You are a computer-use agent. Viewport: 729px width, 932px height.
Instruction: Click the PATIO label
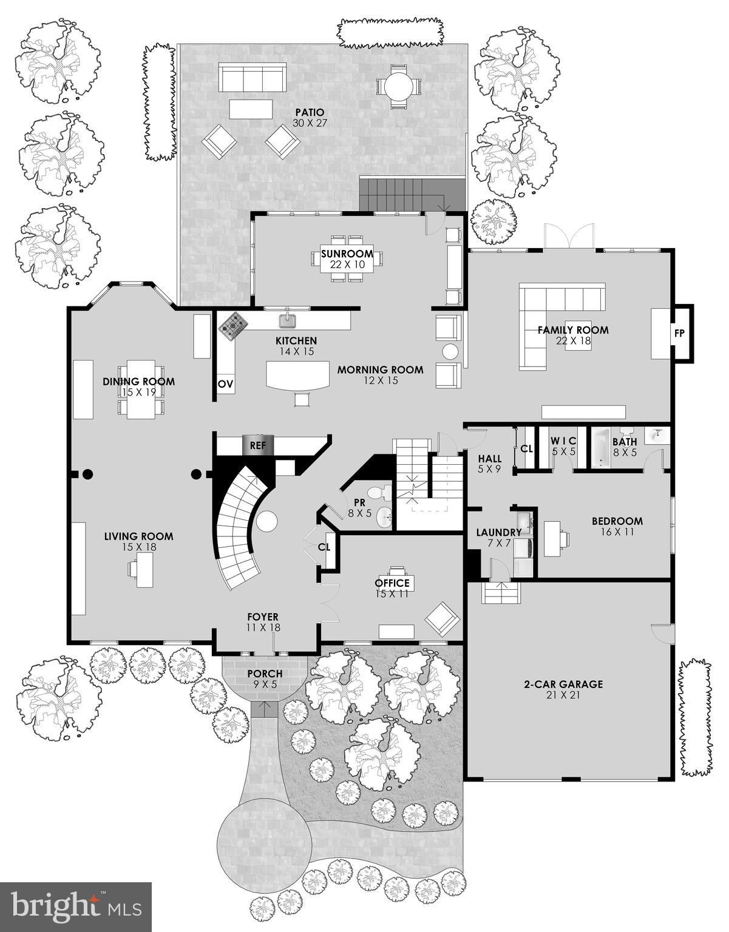310,113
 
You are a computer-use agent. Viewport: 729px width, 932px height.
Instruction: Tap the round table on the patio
398,87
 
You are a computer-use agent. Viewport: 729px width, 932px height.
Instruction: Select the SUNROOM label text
347,254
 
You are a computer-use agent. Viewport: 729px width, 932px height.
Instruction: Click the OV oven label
225,384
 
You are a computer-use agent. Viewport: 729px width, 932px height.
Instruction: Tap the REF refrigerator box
258,445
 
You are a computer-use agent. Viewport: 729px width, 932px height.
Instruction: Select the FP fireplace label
679,334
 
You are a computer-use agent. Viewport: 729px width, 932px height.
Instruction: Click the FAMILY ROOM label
573,330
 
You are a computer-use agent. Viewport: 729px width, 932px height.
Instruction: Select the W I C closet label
563,441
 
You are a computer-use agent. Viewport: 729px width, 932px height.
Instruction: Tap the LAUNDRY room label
498,533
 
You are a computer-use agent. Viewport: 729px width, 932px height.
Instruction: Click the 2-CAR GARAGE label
563,684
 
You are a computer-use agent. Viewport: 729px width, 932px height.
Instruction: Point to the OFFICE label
392,583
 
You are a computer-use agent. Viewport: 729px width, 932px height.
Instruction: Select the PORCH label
265,674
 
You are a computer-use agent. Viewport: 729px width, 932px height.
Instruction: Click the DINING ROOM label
138,382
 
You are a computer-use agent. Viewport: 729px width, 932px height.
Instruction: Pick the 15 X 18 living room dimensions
138,547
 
